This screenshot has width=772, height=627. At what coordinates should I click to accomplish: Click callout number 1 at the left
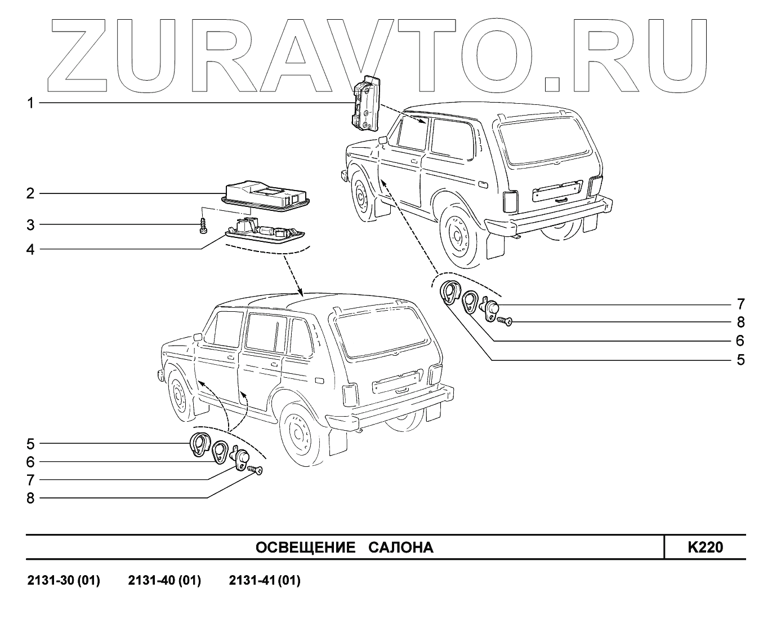coord(31,103)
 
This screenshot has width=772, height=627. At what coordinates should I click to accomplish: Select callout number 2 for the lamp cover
coord(30,193)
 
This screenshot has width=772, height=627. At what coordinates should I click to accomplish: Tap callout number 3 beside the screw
coord(30,225)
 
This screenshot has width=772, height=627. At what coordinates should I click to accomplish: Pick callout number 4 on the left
coord(30,249)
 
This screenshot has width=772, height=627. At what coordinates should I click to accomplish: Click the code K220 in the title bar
coord(705,547)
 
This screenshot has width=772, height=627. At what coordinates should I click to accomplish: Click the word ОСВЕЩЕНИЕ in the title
coord(305,547)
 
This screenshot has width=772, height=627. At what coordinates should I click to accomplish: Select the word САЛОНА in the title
coord(401,547)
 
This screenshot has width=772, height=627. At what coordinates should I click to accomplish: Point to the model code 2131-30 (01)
coord(64,581)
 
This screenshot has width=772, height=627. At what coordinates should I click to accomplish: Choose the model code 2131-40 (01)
coord(164,581)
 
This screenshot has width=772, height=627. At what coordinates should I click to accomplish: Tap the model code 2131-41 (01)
coord(265,581)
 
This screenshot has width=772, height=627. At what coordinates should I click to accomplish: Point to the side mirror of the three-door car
coord(383,139)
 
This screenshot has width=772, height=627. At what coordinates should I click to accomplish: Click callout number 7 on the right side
coord(740,304)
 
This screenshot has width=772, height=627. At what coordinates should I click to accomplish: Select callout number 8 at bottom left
coord(30,498)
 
